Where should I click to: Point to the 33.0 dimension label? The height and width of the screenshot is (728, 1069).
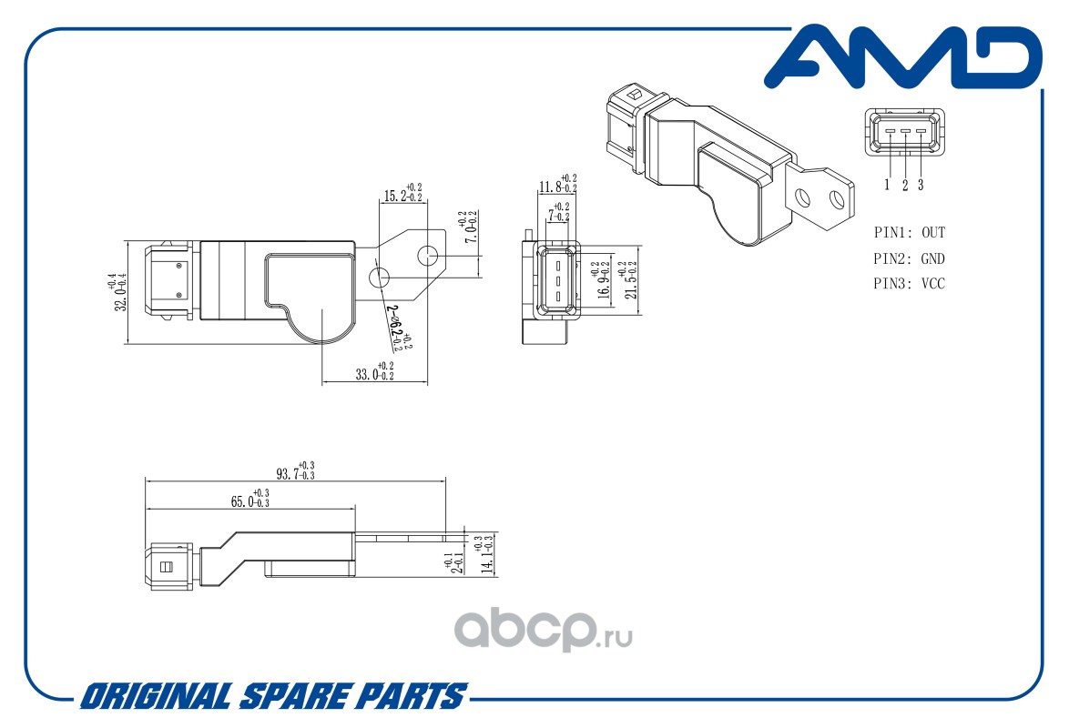coord(374,371)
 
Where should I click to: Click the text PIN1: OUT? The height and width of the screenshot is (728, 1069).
coord(909,233)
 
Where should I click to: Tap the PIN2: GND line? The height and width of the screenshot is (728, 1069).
coord(909,258)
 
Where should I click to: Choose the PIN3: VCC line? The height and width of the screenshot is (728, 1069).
coord(909,284)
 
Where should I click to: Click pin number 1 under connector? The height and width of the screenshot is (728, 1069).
coord(887,185)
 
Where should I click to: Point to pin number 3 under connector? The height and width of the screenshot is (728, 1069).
coord(921,185)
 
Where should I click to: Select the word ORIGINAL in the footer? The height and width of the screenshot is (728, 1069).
coord(154,697)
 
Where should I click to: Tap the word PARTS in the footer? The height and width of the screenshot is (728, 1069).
coord(411,697)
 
